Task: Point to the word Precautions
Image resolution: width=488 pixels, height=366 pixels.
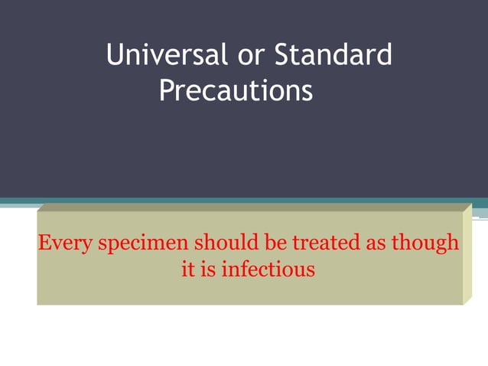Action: (236, 92)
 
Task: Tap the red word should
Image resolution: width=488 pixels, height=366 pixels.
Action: (228, 243)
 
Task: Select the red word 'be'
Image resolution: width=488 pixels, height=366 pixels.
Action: (276, 243)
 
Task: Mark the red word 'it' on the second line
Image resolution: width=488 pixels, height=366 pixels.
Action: (188, 270)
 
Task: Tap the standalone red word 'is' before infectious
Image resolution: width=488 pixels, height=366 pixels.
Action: (209, 270)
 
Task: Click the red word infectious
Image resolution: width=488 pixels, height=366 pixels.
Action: (268, 270)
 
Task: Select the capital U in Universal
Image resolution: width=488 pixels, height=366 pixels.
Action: (115, 55)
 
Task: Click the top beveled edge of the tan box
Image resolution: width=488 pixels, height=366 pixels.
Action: (252, 207)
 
